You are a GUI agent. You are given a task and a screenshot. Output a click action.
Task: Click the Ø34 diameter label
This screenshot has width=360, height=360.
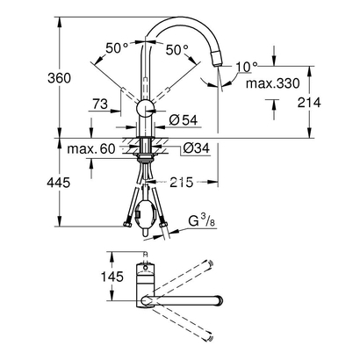coord(197,147)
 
